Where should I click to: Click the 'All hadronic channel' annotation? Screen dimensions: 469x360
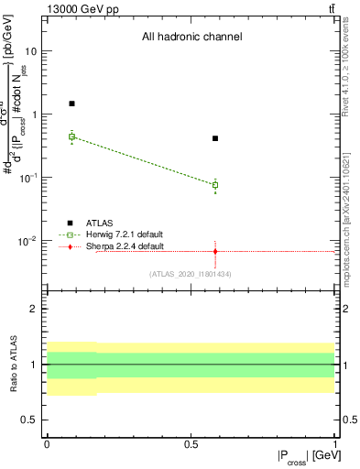(x=191, y=38)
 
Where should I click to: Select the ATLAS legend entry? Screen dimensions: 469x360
(x=99, y=223)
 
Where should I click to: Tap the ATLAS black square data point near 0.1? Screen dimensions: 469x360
(x=72, y=104)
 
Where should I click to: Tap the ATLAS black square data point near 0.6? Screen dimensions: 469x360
(x=215, y=138)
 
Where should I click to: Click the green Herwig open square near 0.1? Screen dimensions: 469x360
(x=72, y=136)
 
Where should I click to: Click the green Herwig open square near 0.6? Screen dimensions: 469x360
(x=215, y=185)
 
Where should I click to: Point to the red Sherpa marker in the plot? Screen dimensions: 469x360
(x=215, y=251)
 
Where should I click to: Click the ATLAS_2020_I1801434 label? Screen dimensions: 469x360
(x=192, y=274)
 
